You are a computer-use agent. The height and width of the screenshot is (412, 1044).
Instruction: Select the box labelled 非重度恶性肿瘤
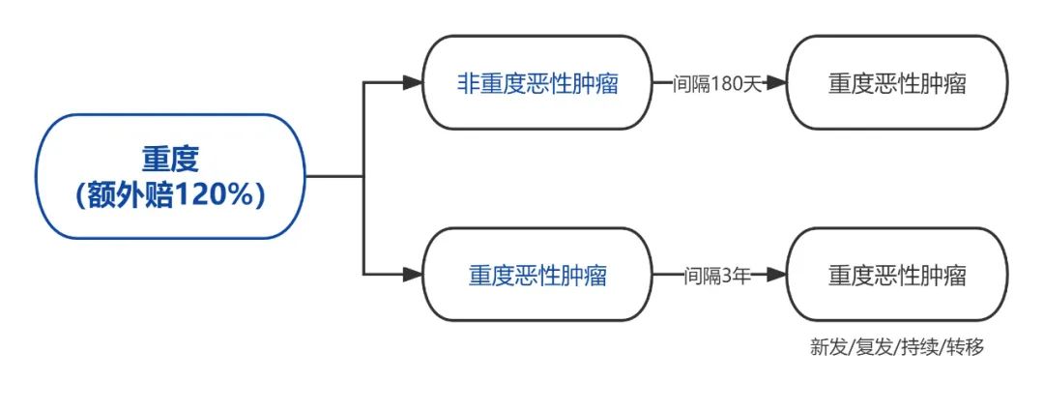(x=537, y=83)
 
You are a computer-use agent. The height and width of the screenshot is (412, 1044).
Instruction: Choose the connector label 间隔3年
(x=717, y=276)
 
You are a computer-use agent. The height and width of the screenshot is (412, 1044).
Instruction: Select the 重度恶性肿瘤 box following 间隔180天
(x=897, y=83)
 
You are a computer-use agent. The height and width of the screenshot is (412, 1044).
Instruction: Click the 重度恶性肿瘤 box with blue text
(x=537, y=276)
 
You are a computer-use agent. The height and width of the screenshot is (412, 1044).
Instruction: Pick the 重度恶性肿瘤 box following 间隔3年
(x=897, y=276)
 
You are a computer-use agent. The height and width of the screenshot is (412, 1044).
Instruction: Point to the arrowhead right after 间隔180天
(x=778, y=83)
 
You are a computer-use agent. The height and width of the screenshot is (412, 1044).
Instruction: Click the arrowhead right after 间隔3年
(x=778, y=276)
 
